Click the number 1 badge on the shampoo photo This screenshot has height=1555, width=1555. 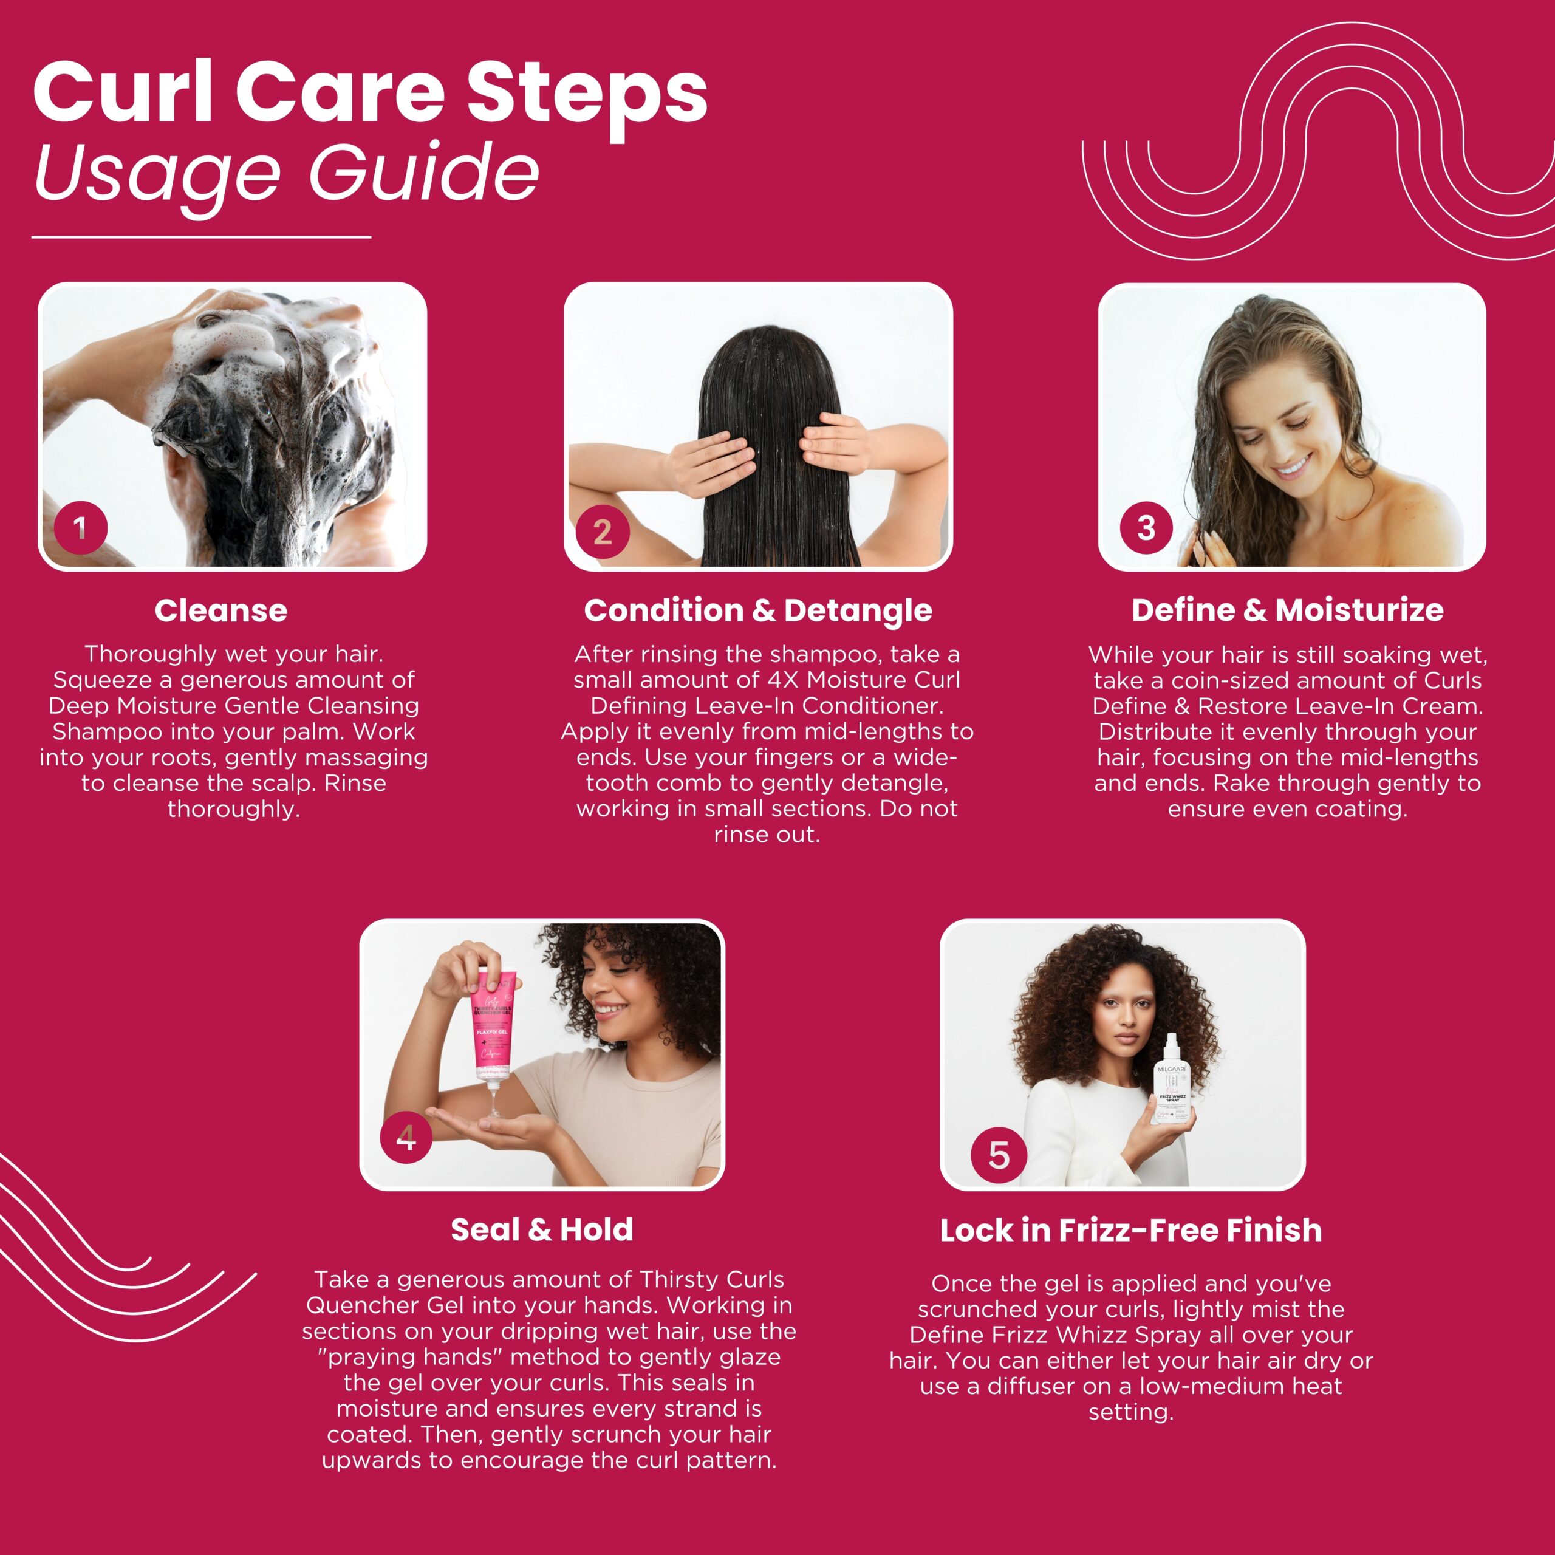point(81,527)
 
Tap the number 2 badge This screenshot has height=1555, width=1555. point(602,532)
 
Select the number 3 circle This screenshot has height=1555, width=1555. point(1146,528)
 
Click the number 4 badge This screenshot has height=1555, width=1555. point(406,1137)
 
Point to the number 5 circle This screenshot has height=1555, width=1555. point(998,1155)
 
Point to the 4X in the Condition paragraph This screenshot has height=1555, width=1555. point(784,680)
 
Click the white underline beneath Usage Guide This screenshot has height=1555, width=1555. point(201,237)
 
